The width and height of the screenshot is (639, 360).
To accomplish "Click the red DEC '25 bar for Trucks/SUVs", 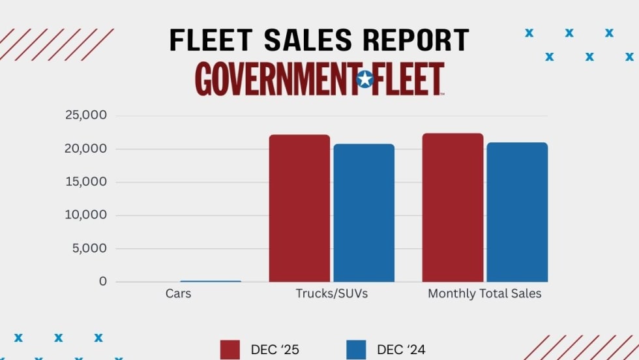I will click(x=299, y=208).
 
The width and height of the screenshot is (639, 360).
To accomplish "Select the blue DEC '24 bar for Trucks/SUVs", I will click(x=364, y=213).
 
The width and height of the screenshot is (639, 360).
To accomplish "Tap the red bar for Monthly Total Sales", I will click(x=453, y=207).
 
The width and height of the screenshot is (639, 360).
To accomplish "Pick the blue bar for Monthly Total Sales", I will click(x=517, y=212).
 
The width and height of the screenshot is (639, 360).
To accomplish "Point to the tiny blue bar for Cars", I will click(x=210, y=281).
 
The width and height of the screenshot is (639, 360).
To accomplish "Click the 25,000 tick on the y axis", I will click(x=85, y=115).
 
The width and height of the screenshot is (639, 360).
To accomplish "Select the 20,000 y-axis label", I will click(x=85, y=149).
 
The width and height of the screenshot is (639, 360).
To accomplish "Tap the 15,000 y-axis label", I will click(x=85, y=182).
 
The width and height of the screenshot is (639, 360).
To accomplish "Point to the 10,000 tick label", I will click(x=85, y=215).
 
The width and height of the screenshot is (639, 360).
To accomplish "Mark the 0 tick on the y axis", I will click(x=102, y=282).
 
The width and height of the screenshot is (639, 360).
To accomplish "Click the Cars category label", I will click(x=178, y=294).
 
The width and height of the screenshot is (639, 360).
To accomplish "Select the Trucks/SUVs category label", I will click(x=332, y=294).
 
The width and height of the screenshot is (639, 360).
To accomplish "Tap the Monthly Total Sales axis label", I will click(x=484, y=294).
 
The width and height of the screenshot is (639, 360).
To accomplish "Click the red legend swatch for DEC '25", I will click(x=231, y=350).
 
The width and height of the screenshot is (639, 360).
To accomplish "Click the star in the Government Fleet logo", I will click(x=365, y=80).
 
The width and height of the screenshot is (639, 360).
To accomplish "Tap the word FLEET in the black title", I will click(x=209, y=40).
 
